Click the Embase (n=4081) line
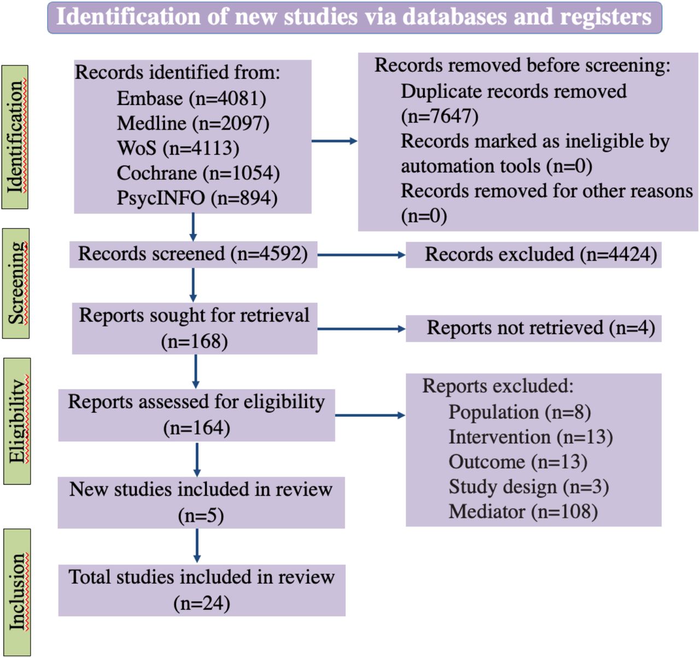191,98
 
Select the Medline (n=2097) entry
193,124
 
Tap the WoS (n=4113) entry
178,148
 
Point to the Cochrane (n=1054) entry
199,173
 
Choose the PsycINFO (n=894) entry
197,198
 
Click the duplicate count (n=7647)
440,117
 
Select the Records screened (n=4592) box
193,254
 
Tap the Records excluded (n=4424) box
534,254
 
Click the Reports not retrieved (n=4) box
534,328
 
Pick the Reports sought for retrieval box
195,328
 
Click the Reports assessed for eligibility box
197,415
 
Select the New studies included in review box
201,503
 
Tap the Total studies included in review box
202,591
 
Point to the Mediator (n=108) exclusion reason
523,511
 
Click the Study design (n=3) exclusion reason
529,487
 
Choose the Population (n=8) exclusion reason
520,412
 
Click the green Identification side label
15,137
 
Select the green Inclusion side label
17,592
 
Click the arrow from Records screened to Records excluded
361,254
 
